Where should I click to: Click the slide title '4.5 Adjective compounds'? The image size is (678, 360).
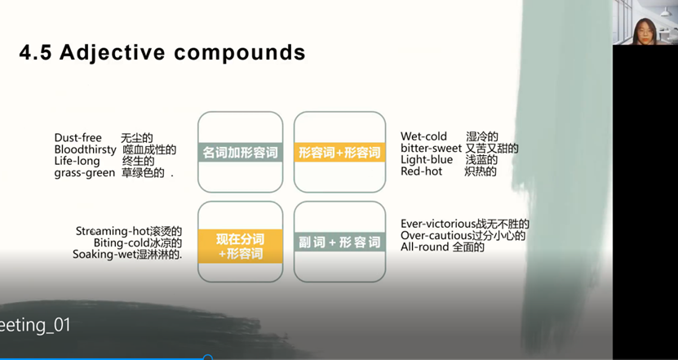pyautogui.click(x=162, y=52)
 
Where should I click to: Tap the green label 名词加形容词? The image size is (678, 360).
pyautogui.click(x=241, y=153)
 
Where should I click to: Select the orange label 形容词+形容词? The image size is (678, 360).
pyautogui.click(x=339, y=153)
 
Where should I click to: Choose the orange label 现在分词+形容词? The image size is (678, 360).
pyautogui.click(x=241, y=247)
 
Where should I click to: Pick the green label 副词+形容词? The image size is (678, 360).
pyautogui.click(x=339, y=242)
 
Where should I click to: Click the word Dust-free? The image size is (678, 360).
pyautogui.click(x=78, y=138)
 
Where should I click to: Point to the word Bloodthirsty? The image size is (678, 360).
pyautogui.click(x=85, y=149)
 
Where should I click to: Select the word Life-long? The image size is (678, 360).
pyautogui.click(x=77, y=161)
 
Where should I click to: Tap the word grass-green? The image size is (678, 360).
pyautogui.click(x=85, y=173)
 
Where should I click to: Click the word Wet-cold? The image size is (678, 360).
pyautogui.click(x=423, y=136)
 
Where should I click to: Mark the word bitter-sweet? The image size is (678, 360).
pyautogui.click(x=431, y=148)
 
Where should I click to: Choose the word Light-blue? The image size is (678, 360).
pyautogui.click(x=427, y=160)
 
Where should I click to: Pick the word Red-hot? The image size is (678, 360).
pyautogui.click(x=421, y=171)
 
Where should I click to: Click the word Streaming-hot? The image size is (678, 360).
pyautogui.click(x=113, y=231)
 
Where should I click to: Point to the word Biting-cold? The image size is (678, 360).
pyautogui.click(x=122, y=242)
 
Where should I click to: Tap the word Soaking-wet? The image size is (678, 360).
pyautogui.click(x=104, y=254)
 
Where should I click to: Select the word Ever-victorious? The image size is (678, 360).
pyautogui.click(x=438, y=224)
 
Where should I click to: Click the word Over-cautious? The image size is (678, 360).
pyautogui.click(x=436, y=235)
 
